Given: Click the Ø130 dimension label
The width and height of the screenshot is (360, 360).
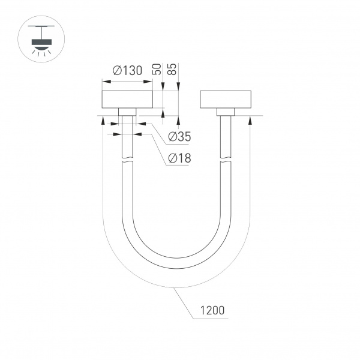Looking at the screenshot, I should (127, 70).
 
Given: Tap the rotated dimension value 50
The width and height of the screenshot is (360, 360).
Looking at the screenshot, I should (158, 68).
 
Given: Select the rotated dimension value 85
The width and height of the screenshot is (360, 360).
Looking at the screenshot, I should (173, 68).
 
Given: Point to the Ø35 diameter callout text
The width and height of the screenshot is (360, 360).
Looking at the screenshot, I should (179, 137).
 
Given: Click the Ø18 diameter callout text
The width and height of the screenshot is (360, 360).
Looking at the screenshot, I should (179, 158).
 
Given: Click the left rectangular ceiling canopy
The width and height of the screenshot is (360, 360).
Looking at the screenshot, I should (127, 100).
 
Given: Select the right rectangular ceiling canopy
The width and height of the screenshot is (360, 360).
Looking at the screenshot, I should (225, 100).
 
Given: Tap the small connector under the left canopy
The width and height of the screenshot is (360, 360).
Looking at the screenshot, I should (127, 112).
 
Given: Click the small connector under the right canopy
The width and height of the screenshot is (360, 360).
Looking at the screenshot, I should (225, 112).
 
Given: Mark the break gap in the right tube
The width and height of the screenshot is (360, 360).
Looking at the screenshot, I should (225, 160).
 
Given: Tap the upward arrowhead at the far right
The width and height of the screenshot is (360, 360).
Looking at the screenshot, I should (250, 119).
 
